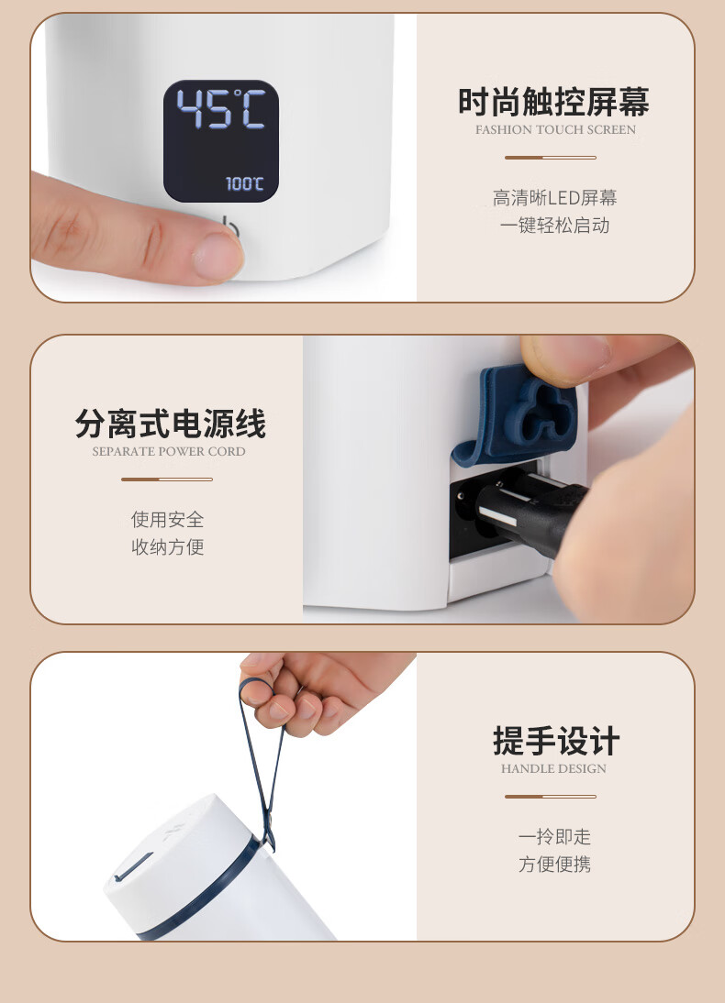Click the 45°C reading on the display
click(221, 109)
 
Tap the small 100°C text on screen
click(245, 183)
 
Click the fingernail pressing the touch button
click(217, 256)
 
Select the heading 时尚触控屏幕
click(554, 102)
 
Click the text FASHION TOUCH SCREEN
click(555, 129)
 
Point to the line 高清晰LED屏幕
click(554, 198)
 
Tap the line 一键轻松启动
click(554, 226)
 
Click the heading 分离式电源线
click(171, 424)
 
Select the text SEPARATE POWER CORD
click(169, 451)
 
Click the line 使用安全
click(168, 519)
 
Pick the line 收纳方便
click(168, 546)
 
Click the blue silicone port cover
click(516, 416)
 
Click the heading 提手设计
click(556, 741)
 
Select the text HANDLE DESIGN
click(553, 768)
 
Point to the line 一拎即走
click(554, 836)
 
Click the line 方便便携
click(554, 864)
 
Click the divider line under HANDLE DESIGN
click(550, 797)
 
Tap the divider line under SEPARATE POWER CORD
click(166, 479)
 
